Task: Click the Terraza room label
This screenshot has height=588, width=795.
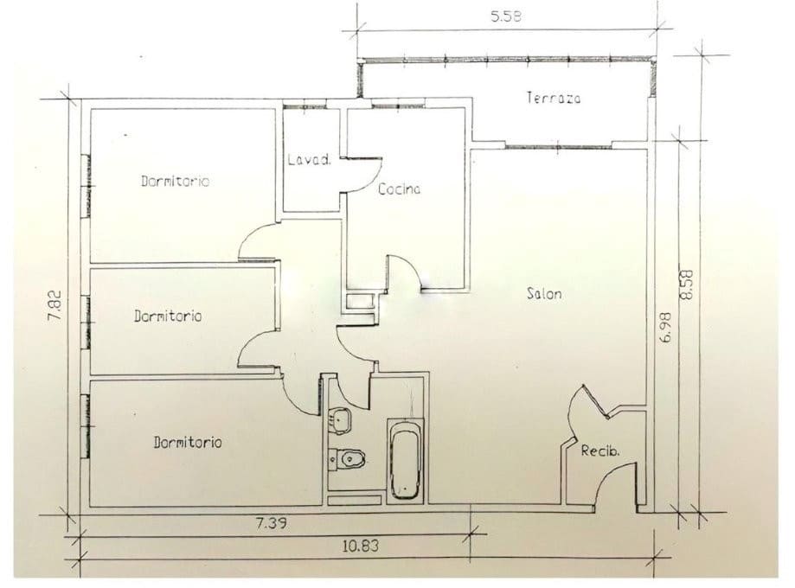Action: coord(553,98)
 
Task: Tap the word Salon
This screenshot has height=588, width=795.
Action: coord(544,293)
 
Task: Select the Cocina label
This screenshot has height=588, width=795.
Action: coord(400,189)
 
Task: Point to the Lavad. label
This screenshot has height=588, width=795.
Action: coord(310,160)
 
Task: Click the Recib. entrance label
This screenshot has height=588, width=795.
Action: coord(600,451)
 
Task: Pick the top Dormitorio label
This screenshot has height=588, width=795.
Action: coord(175,181)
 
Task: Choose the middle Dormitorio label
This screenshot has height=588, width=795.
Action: coord(168,316)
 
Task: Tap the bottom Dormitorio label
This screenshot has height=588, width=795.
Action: coord(188,442)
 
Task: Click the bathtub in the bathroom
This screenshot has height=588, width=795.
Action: coord(405,461)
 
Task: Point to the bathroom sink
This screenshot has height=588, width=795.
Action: coord(340,420)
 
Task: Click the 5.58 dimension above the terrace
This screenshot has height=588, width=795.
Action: coord(505,16)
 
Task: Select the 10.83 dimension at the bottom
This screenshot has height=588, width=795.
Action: coord(361,546)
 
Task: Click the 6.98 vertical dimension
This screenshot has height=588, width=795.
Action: coord(666,328)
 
